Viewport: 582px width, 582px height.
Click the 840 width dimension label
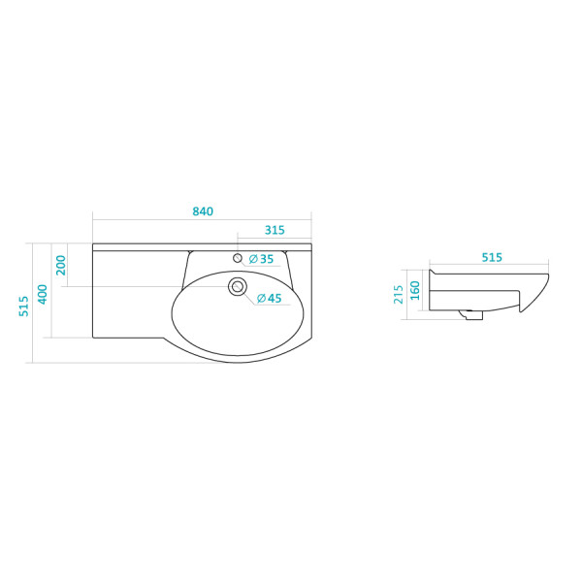tap(203, 211)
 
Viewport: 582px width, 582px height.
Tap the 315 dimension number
tap(275, 230)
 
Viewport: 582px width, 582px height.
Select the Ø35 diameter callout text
tap(261, 259)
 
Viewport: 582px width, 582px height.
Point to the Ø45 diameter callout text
tap(270, 298)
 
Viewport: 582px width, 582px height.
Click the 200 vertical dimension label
tap(61, 265)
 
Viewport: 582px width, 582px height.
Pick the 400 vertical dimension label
tap(43, 294)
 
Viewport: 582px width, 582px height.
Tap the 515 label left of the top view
tap(23, 306)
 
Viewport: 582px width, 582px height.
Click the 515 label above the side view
tap(492, 257)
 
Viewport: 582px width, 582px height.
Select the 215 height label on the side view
tap(399, 294)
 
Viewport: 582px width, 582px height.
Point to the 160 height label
tap(415, 290)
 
